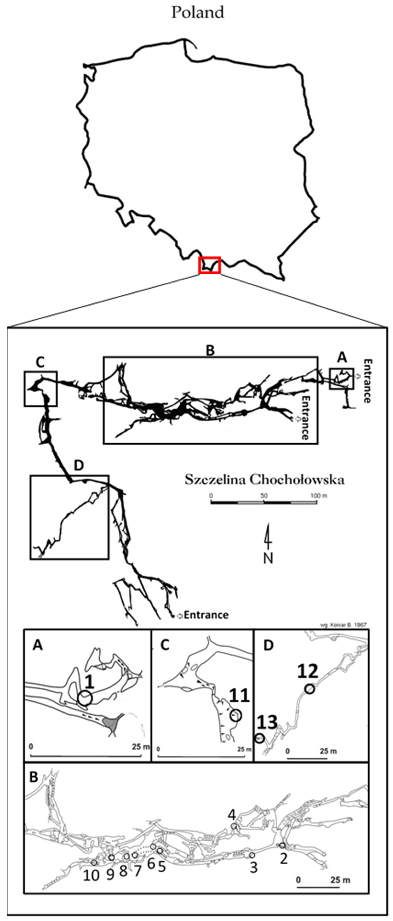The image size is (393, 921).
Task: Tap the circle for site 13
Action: coord(260,738)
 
